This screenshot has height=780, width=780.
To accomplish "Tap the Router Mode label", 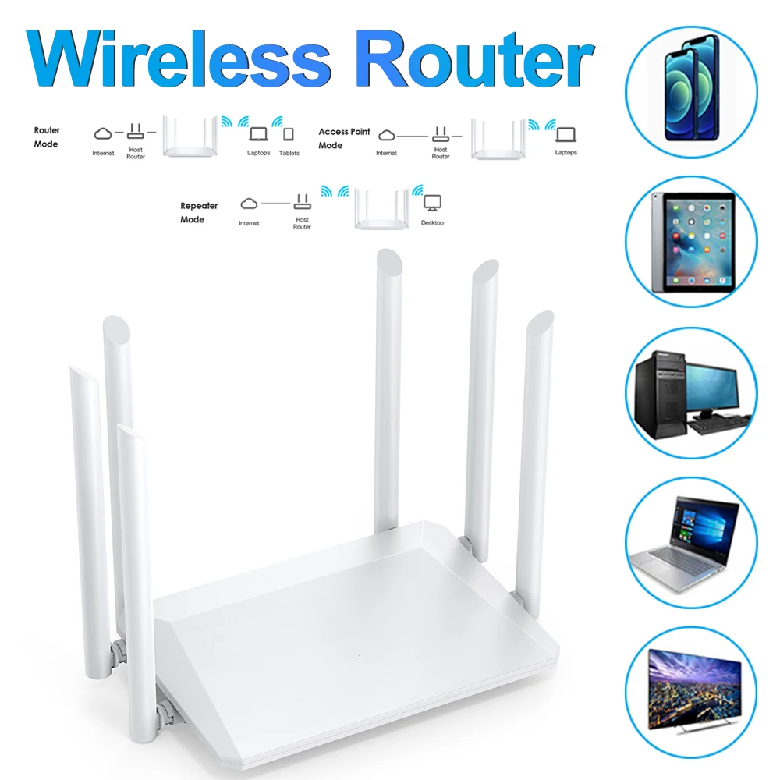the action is click(x=47, y=137).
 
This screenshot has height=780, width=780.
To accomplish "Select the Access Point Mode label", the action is click(x=344, y=138).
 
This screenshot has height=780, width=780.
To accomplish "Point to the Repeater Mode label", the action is click(x=199, y=213).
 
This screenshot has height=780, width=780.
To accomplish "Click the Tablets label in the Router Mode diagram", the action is click(x=289, y=153).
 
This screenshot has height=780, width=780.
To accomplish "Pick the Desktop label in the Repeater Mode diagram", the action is click(x=432, y=223).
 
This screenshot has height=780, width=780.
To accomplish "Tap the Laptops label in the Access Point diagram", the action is click(x=566, y=153).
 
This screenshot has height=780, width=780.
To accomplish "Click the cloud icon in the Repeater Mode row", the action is click(x=249, y=204).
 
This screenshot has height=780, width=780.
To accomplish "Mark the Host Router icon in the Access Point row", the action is click(x=441, y=134).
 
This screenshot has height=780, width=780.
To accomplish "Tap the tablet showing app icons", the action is click(x=692, y=240).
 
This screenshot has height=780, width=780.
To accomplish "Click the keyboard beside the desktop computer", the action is click(x=716, y=426).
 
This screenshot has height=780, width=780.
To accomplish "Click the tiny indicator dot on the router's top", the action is click(x=359, y=654).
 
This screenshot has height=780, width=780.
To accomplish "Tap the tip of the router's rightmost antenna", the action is click(x=541, y=320).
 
